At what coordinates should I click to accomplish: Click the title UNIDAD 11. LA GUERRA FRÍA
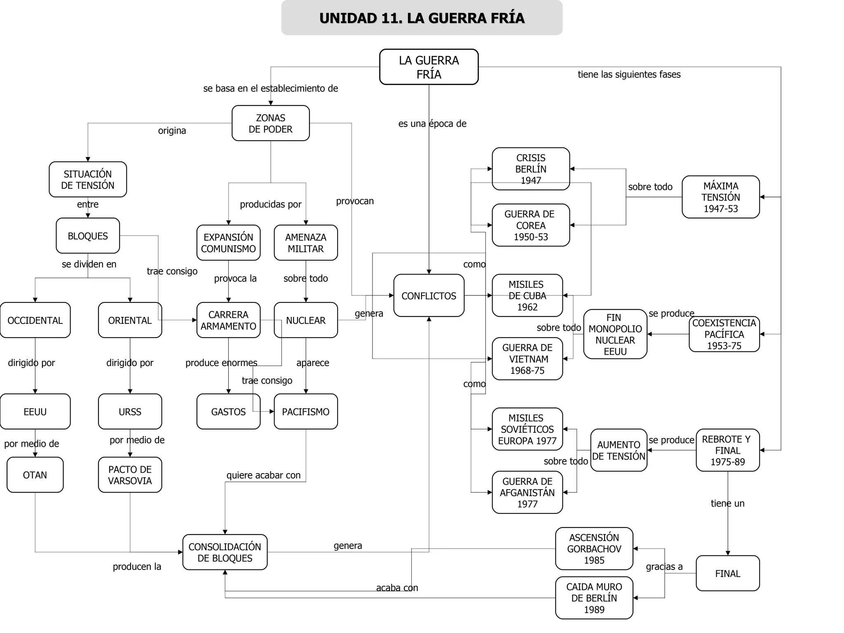(x=422, y=18)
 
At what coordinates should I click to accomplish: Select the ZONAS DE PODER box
(x=270, y=123)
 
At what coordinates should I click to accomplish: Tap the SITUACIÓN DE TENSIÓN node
(x=87, y=179)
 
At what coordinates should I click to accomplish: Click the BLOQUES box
(x=87, y=236)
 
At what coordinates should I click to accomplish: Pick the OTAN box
(x=35, y=475)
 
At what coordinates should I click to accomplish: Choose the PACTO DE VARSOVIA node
(x=130, y=475)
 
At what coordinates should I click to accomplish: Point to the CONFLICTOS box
(x=429, y=295)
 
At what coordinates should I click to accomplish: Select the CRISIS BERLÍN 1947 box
(x=531, y=169)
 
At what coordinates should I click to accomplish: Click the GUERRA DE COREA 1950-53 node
(x=531, y=225)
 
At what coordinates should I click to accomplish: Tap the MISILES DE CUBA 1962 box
(x=527, y=295)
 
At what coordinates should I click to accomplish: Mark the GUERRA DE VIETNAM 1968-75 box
(x=527, y=359)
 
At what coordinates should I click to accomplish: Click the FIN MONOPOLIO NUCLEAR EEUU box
(x=615, y=334)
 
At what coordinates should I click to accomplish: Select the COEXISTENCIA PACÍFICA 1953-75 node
(x=724, y=334)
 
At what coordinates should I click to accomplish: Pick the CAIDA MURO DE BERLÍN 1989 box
(x=594, y=598)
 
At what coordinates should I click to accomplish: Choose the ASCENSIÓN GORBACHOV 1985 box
(x=594, y=549)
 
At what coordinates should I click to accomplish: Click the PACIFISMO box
(x=305, y=411)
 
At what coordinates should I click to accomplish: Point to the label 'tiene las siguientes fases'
(x=629, y=74)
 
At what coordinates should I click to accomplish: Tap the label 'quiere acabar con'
(x=263, y=475)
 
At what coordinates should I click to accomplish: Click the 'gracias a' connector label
(x=664, y=567)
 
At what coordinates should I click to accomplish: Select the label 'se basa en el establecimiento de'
(x=270, y=88)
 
